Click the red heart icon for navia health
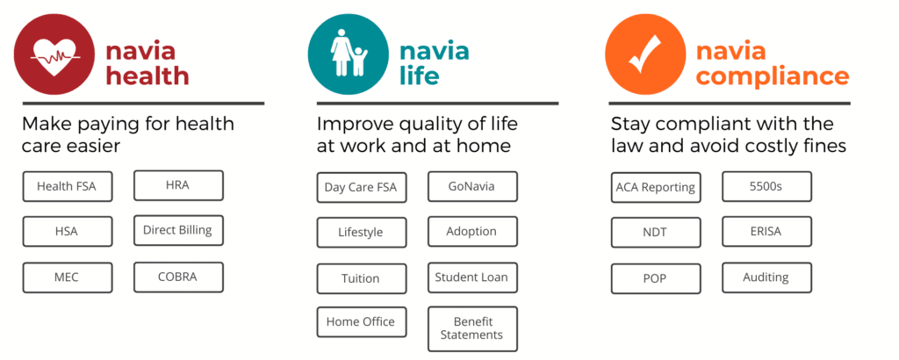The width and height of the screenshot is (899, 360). pos(55,54)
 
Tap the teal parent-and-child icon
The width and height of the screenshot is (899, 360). pos(349,54)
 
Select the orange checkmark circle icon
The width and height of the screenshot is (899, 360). pos(645,54)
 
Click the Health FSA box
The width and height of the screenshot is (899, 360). pos(68,186)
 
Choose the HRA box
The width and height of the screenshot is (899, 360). pos(178,185)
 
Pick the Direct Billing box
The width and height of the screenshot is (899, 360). pos(178,230)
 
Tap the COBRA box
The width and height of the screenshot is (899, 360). pos(178,277)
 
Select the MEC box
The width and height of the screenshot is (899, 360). pos(68,278)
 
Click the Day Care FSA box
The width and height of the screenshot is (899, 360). pos(361,187)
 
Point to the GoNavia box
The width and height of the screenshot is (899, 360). pos(472,186)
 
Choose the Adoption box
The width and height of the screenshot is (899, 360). pos(472,232)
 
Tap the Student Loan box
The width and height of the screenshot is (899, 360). pos(472,277)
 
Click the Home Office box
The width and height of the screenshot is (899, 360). pos(361,322)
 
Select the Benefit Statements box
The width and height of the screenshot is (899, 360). pos(472,329)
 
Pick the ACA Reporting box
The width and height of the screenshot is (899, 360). pos(656,187)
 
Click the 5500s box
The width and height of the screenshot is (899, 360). pos(766,186)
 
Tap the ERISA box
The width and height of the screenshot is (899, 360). pos(766,232)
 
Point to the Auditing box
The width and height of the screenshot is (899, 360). pos(766,277)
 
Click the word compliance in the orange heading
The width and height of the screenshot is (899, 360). pos(773,76)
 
